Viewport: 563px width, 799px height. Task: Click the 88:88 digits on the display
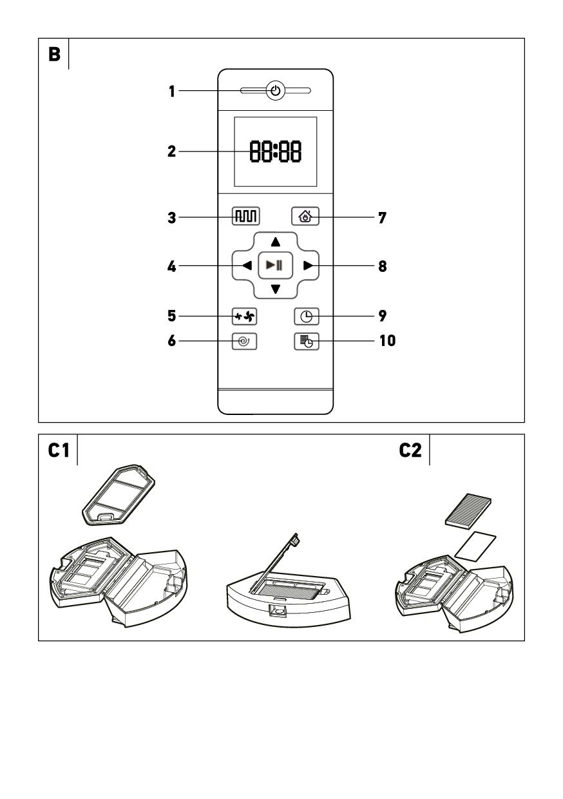(x=275, y=151)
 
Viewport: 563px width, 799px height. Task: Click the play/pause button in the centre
(x=275, y=265)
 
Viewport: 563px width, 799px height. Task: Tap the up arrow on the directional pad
(x=275, y=242)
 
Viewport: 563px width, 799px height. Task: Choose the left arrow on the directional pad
(x=247, y=265)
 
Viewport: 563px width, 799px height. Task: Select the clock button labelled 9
(x=305, y=316)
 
